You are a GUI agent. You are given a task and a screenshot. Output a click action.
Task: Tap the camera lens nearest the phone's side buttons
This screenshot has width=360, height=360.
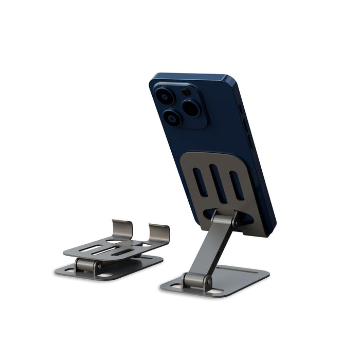pos(191,107)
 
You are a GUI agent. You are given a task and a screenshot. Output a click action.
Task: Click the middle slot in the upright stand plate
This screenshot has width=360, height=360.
pos(218,183)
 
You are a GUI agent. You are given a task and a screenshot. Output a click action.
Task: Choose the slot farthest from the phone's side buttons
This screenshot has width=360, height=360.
pos(201,182)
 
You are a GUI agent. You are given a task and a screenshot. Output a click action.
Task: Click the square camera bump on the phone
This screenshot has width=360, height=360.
pos(179,105)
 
